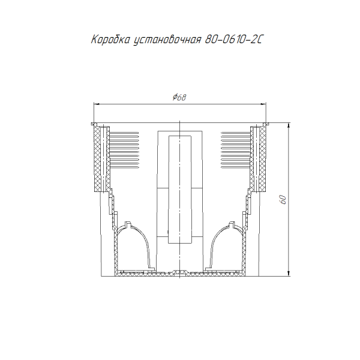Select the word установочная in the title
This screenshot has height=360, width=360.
(x=167, y=40)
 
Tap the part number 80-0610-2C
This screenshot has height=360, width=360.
(x=234, y=40)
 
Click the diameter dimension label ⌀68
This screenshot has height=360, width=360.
(x=179, y=97)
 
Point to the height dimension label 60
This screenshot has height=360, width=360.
(x=283, y=200)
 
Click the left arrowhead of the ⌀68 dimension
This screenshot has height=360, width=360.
(x=96, y=104)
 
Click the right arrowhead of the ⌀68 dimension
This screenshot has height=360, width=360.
(x=263, y=104)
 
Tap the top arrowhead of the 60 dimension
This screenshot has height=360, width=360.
(x=289, y=125)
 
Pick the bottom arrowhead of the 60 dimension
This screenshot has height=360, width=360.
(x=289, y=274)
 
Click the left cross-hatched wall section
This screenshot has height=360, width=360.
(x=97, y=159)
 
